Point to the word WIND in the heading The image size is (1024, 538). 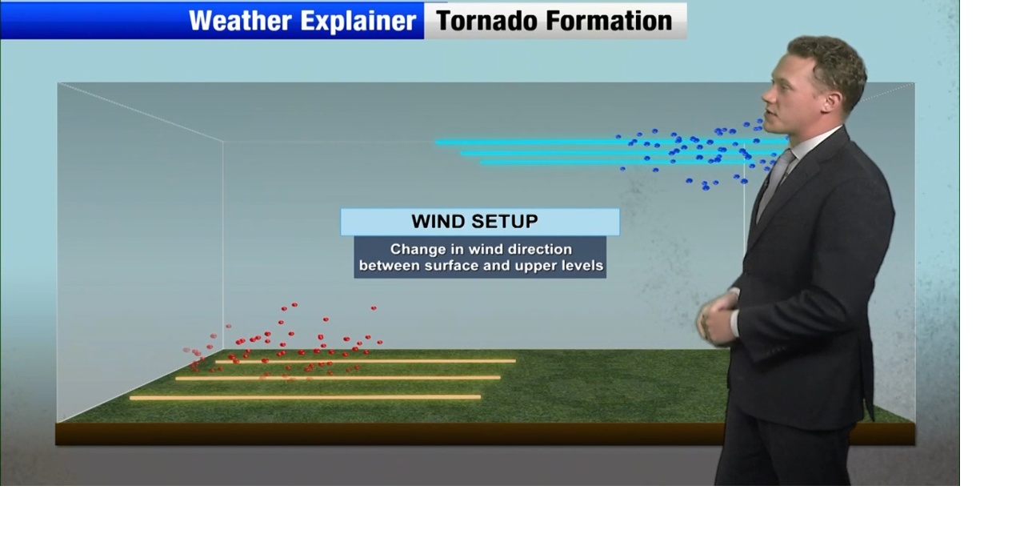click(x=439, y=222)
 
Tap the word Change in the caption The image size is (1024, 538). click(x=417, y=249)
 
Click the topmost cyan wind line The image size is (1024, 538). click(x=560, y=142)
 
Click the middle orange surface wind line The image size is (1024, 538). click(x=336, y=378)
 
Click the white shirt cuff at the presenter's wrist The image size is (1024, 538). click(x=734, y=322)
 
